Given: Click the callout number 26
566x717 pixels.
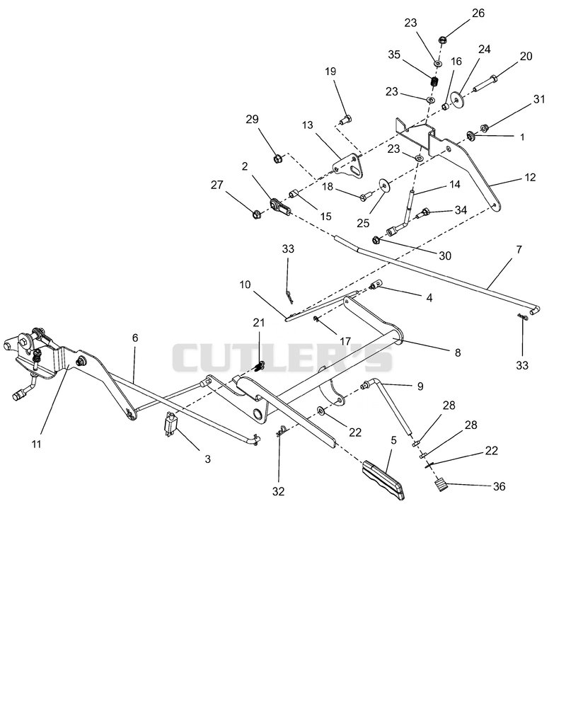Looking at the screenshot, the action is coord(478,13).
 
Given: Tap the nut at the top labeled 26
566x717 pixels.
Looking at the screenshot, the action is coord(443,40).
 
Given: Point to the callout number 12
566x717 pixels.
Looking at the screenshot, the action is coord(530,177).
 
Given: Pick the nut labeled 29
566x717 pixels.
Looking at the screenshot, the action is coord(277,159).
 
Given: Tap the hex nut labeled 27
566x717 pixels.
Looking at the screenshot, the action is coord(257,214).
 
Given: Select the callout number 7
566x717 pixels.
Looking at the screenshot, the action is coord(519,250).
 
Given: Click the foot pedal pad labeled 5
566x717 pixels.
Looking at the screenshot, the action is coord(383,481).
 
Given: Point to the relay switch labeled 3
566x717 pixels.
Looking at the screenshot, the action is coord(171,425).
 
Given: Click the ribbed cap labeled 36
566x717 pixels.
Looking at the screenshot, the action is coord(440,484).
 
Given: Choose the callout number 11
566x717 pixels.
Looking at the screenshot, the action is coord(37,444).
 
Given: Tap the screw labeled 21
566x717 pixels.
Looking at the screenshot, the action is coord(260,366).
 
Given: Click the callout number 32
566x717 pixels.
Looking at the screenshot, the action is coord(278,491).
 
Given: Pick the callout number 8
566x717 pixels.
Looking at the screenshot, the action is coord(458,352).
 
